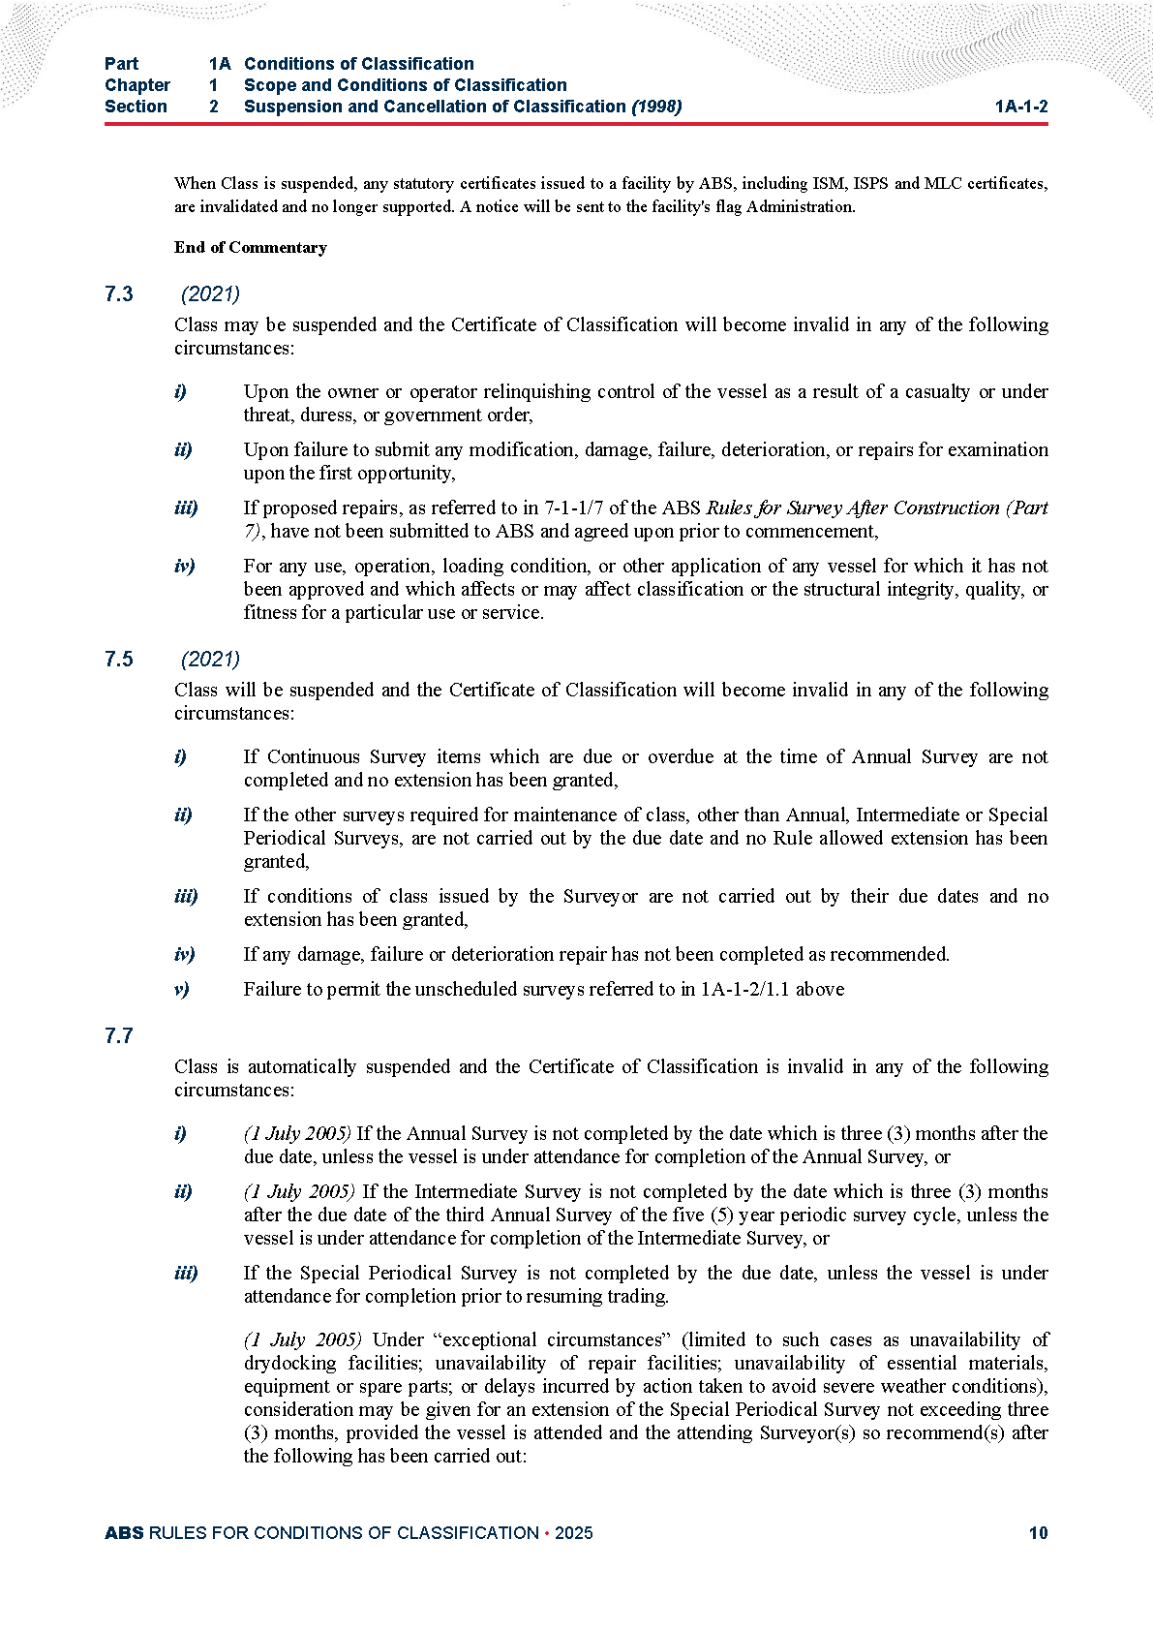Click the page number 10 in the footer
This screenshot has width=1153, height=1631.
click(1038, 1533)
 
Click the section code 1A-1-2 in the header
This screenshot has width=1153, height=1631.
click(1020, 107)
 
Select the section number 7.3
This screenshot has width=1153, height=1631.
click(119, 294)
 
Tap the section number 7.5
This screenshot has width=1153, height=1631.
click(119, 660)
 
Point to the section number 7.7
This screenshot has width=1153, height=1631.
click(119, 1036)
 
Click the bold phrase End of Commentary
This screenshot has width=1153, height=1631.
click(250, 248)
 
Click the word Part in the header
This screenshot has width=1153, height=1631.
click(121, 64)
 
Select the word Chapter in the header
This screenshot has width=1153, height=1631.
click(137, 85)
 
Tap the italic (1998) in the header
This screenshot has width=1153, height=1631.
click(656, 107)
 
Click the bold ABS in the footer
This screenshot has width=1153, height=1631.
click(124, 1533)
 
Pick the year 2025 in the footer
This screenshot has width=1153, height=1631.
click(574, 1533)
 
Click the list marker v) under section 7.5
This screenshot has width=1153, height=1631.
click(182, 990)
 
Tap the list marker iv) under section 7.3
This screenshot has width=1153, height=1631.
click(184, 567)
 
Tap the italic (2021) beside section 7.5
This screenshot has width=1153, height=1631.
click(210, 660)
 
